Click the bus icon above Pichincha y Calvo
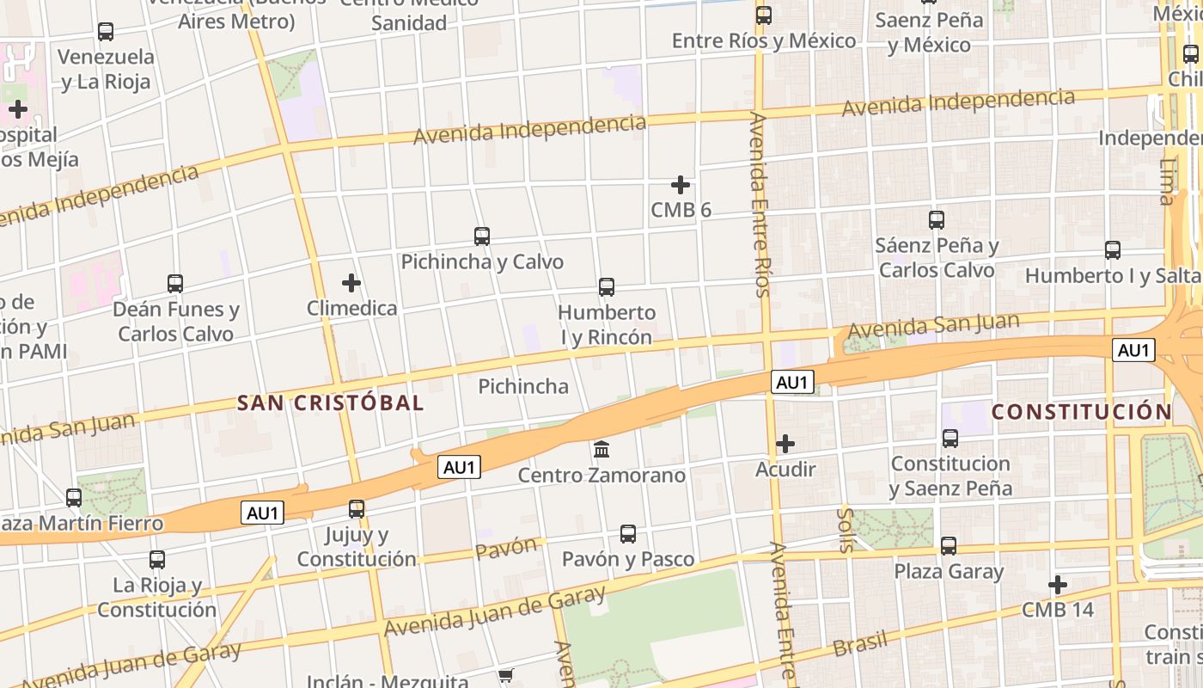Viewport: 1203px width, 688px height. pyautogui.click(x=482, y=236)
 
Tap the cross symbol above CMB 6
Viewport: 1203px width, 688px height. pyautogui.click(x=681, y=185)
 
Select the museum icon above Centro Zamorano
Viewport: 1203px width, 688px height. pyautogui.click(x=601, y=449)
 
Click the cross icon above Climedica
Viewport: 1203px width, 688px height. pyautogui.click(x=351, y=283)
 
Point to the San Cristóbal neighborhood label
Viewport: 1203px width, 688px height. pyautogui.click(x=331, y=402)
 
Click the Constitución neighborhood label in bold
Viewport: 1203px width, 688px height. pyautogui.click(x=1082, y=412)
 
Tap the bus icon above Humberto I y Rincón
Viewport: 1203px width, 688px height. pyautogui.click(x=607, y=287)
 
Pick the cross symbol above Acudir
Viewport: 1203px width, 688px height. pyautogui.click(x=785, y=445)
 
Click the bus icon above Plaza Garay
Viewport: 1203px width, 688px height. pyautogui.click(x=949, y=546)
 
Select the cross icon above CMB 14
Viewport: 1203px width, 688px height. pyautogui.click(x=1058, y=586)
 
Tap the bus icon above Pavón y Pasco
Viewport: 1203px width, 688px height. pyautogui.click(x=628, y=534)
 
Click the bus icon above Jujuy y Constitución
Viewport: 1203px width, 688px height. pyautogui.click(x=357, y=509)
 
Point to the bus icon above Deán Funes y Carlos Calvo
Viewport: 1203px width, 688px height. pyautogui.click(x=175, y=284)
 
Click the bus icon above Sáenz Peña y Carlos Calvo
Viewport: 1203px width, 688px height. pyautogui.click(x=937, y=220)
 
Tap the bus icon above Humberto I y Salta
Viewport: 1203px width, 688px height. pyautogui.click(x=1113, y=250)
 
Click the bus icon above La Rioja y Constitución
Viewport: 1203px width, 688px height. pyautogui.click(x=157, y=560)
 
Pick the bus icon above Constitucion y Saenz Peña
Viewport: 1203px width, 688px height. pyautogui.click(x=950, y=439)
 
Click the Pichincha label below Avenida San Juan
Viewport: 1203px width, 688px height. pyautogui.click(x=523, y=386)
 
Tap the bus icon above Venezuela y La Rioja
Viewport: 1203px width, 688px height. pyautogui.click(x=106, y=32)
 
